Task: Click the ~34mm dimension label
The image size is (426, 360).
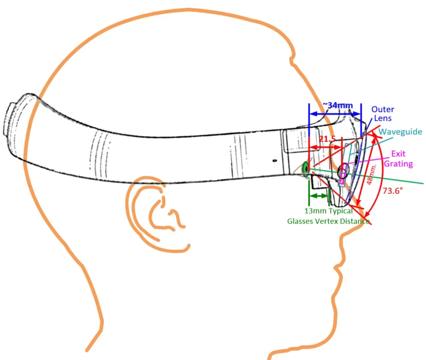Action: pyautogui.click(x=338, y=105)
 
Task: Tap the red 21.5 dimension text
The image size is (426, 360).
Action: pyautogui.click(x=328, y=139)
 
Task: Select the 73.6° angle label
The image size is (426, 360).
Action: pyautogui.click(x=393, y=191)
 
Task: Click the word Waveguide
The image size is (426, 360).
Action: pyautogui.click(x=400, y=132)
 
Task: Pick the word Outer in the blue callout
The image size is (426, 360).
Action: pyautogui.click(x=382, y=110)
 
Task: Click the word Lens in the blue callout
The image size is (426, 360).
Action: pyautogui.click(x=383, y=118)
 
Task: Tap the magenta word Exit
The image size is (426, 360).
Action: pyautogui.click(x=398, y=154)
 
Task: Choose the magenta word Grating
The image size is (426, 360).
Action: pyautogui.click(x=398, y=164)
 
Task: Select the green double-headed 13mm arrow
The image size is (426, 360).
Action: pyautogui.click(x=318, y=196)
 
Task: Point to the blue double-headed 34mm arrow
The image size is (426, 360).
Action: pyautogui.click(x=335, y=114)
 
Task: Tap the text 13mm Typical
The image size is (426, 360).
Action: pyautogui.click(x=328, y=211)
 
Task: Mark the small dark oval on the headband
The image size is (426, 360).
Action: pyautogui.click(x=275, y=161)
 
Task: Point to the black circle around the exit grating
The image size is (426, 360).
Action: pyautogui.click(x=338, y=172)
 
